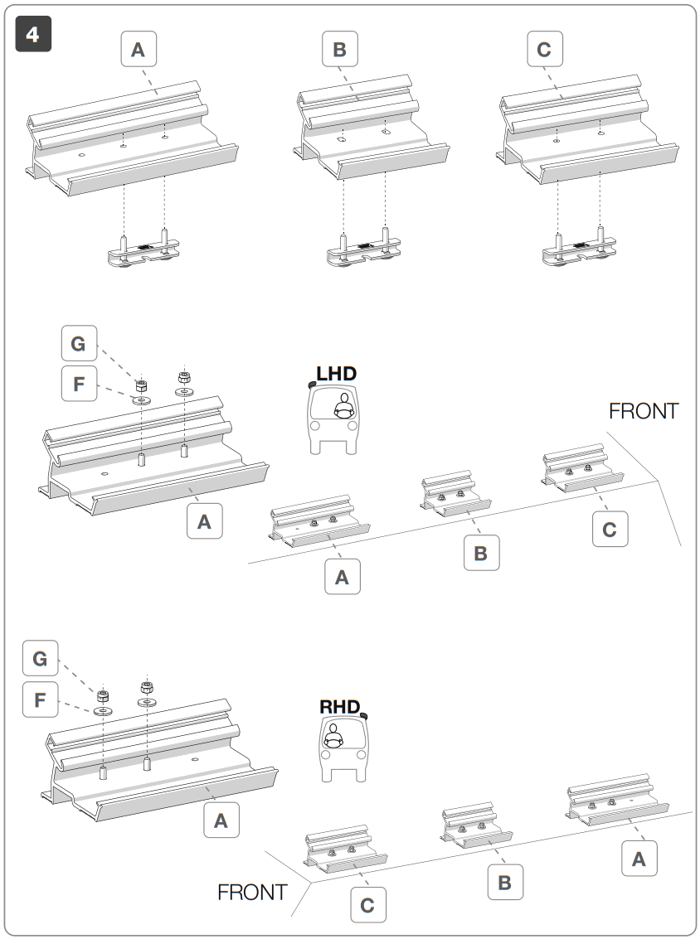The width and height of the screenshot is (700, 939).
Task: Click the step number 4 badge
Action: pyautogui.click(x=33, y=35)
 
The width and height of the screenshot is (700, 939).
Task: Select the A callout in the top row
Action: pyautogui.click(x=139, y=50)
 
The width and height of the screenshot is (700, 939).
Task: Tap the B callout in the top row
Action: pyautogui.click(x=339, y=50)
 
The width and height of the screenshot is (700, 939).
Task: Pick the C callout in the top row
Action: pyautogui.click(x=544, y=50)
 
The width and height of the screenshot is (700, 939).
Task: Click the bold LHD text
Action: pyautogui.click(x=336, y=374)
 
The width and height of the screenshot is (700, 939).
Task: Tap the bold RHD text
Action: pyautogui.click(x=340, y=707)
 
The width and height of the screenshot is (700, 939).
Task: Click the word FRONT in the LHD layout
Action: pyautogui.click(x=644, y=411)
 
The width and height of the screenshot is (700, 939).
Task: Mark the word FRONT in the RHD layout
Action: pyautogui.click(x=252, y=893)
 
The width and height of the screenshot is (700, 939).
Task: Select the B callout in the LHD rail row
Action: pyautogui.click(x=481, y=552)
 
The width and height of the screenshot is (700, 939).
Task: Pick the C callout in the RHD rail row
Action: pyautogui.click(x=367, y=905)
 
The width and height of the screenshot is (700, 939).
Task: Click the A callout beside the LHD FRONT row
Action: pyautogui.click(x=342, y=577)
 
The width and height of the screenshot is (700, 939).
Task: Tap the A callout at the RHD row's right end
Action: pyautogui.click(x=639, y=859)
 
